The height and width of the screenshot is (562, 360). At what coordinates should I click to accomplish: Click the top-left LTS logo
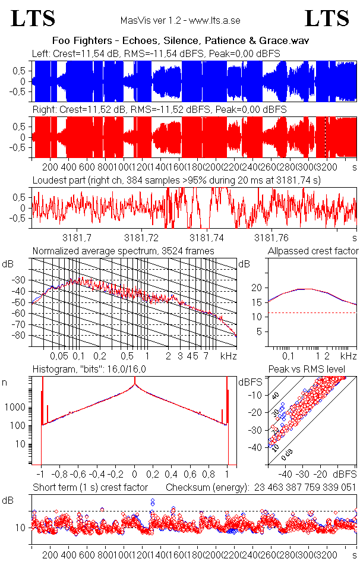coord(33,18)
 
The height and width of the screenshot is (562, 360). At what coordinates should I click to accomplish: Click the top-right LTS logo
coord(327,18)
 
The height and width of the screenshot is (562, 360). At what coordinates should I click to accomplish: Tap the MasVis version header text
coord(179,20)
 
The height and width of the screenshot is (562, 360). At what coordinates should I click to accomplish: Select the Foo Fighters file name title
coord(181,41)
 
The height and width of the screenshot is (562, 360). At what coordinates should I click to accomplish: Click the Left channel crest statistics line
coord(156,54)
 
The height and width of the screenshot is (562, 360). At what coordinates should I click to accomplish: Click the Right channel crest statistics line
coord(159,110)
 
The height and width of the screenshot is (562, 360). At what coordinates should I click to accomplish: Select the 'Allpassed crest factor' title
coord(313,251)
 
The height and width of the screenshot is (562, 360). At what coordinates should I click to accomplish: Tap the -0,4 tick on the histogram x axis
coord(98,475)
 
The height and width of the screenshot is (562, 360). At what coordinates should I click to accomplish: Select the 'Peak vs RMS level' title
coord(315,370)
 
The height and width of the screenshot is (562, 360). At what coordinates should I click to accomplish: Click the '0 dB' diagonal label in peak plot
coord(287,454)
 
